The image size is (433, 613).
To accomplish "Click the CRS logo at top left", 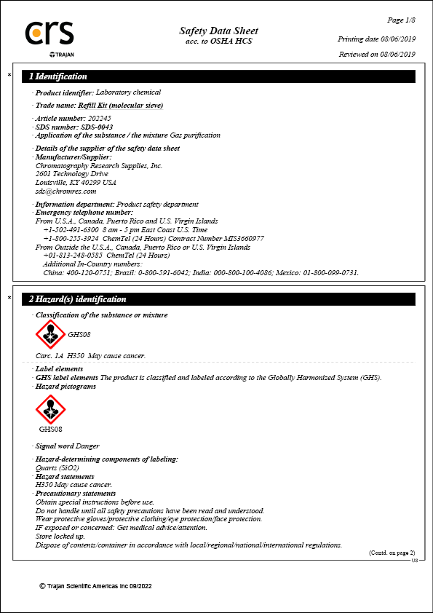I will (49, 35).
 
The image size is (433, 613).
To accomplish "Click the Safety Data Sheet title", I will (218, 31).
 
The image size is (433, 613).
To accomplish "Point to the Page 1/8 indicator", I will (402, 20).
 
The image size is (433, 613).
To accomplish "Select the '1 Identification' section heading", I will (58, 76).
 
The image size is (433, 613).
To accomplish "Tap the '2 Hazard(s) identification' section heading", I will (78, 299).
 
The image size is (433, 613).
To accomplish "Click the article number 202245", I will (99, 118).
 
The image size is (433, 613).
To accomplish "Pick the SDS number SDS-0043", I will (97, 127).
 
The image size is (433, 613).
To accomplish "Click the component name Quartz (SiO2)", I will (57, 467).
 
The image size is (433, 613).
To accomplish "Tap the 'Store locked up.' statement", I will (60, 537).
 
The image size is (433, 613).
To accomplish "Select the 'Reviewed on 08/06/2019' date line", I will (377, 54).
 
